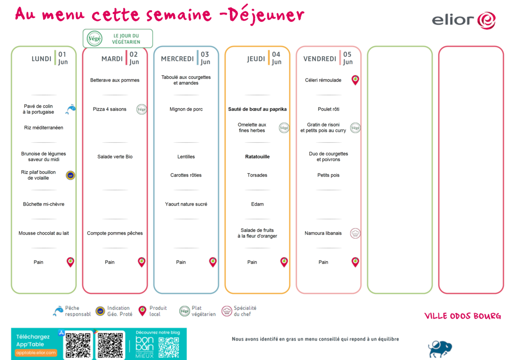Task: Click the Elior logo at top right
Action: [x=463, y=21]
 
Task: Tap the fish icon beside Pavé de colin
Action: [x=71, y=109]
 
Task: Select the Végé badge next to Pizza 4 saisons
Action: [x=141, y=109]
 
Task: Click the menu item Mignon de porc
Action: [x=186, y=109]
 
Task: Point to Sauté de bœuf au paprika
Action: [x=257, y=109]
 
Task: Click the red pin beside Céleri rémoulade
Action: [x=355, y=80]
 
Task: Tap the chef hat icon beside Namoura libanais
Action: [x=355, y=233]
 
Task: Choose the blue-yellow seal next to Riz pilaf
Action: [x=70, y=175]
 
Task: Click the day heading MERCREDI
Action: [x=177, y=59]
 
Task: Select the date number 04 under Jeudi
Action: [x=276, y=54]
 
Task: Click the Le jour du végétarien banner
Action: [x=118, y=39]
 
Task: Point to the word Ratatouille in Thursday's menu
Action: [x=257, y=157]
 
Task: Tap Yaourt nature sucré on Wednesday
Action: [x=186, y=204]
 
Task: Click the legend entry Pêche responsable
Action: [x=72, y=311]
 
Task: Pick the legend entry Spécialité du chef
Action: [x=239, y=311]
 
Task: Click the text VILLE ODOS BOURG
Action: [x=463, y=316]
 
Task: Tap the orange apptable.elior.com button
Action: [x=36, y=353]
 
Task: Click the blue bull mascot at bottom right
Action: [x=440, y=349]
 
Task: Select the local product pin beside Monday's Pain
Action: [x=70, y=262]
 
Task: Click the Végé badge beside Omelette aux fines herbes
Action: [x=284, y=128]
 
